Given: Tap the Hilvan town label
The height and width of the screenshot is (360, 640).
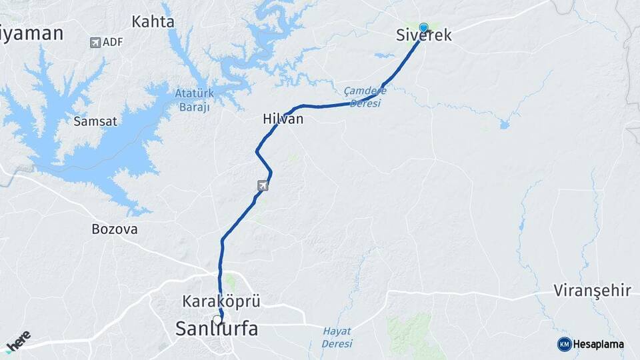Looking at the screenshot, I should pyautogui.click(x=283, y=119).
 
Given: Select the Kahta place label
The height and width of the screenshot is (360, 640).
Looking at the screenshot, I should pyautogui.click(x=153, y=22).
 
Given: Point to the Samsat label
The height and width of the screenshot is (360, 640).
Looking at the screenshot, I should pyautogui.click(x=95, y=121).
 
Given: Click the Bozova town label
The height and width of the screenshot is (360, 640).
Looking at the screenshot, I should pyautogui.click(x=114, y=229).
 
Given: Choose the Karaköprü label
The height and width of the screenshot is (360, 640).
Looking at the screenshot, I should pyautogui.click(x=221, y=301).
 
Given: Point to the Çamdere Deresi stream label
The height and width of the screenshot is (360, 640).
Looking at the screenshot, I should pyautogui.click(x=365, y=97).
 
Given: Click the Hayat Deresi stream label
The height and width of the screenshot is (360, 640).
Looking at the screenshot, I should pyautogui.click(x=337, y=337).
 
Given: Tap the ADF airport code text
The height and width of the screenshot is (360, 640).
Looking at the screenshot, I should pyautogui.click(x=113, y=43).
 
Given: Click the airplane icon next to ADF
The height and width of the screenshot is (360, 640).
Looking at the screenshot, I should pyautogui.click(x=95, y=43).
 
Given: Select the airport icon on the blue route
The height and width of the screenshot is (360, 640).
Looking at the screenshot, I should pyautogui.click(x=263, y=185).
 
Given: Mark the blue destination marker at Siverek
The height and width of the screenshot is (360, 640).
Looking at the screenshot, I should pyautogui.click(x=423, y=28).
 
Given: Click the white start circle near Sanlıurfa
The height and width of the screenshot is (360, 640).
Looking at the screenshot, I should pyautogui.click(x=217, y=319).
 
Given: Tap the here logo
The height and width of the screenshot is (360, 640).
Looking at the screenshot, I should pyautogui.click(x=17, y=341).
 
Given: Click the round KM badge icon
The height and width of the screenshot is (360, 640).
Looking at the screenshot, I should pyautogui.click(x=564, y=344).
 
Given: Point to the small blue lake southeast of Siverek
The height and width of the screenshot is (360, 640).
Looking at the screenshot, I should pyautogui.click(x=505, y=124).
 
